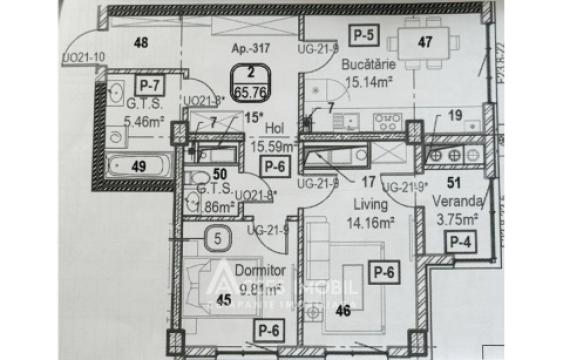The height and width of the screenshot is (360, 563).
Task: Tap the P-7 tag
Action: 150,86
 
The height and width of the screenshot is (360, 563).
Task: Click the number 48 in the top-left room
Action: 141,42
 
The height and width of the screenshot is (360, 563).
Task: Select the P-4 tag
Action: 460,241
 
